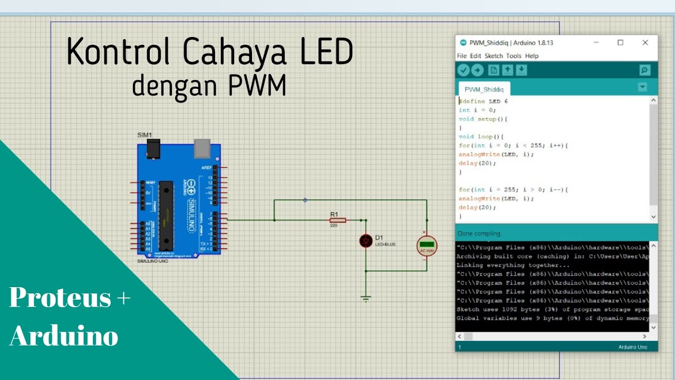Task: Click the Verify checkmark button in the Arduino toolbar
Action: point(464,70)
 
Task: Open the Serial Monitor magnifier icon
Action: point(644,70)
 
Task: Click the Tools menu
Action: point(514,56)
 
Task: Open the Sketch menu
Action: point(494,56)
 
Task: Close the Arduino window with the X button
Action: point(645,43)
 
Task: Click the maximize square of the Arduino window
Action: point(621,43)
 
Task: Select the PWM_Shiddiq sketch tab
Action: point(484,90)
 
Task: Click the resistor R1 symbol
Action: point(337,220)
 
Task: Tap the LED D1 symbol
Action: point(366,241)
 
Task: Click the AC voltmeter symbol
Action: point(427,245)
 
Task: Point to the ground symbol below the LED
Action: point(366,299)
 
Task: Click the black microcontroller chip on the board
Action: point(166,215)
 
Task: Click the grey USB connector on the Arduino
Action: point(202,148)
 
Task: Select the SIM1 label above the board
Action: point(144,135)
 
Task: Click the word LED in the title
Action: point(326,53)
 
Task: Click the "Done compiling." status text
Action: point(479,233)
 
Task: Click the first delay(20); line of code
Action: point(477,163)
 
